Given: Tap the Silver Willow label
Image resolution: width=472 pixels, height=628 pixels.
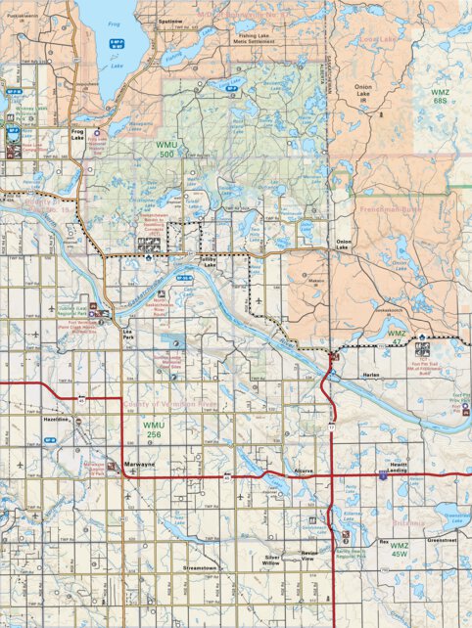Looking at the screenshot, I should pyautogui.click(x=272, y=561).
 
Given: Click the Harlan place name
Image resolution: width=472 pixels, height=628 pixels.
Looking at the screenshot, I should pyautogui.click(x=371, y=374).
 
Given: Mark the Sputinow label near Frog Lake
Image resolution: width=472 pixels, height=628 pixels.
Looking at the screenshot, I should pyautogui.click(x=170, y=21).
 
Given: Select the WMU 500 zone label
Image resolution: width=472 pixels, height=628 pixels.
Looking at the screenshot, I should pyautogui.click(x=166, y=150).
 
